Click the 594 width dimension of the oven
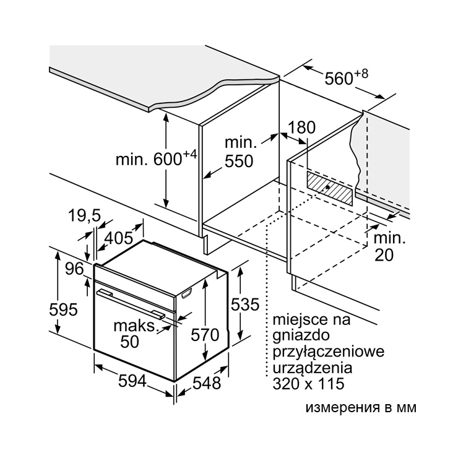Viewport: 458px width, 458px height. (x=132, y=381)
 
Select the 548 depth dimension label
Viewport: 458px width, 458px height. (x=207, y=383)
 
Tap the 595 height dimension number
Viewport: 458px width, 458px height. (x=63, y=309)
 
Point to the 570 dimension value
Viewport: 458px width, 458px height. (x=205, y=335)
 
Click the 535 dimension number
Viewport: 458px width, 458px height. (x=245, y=305)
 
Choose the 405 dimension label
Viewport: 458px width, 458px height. (x=119, y=238)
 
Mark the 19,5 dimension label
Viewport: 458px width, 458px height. (x=84, y=216)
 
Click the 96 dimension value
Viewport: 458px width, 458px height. (x=74, y=269)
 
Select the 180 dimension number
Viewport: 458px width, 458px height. (x=302, y=127)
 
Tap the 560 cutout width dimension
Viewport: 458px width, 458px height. (x=347, y=77)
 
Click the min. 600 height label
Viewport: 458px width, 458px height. (x=157, y=158)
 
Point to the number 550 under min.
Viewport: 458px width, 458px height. (x=239, y=162)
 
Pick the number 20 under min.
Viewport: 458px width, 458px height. (x=384, y=255)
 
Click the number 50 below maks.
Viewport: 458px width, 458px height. (x=130, y=342)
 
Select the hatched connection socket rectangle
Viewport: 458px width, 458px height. (x=329, y=188)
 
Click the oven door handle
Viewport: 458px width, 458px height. (x=131, y=303)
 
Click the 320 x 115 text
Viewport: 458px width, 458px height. (x=308, y=384)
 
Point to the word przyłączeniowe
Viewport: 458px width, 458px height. (x=328, y=352)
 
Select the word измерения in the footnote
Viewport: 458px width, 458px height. (x=343, y=408)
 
